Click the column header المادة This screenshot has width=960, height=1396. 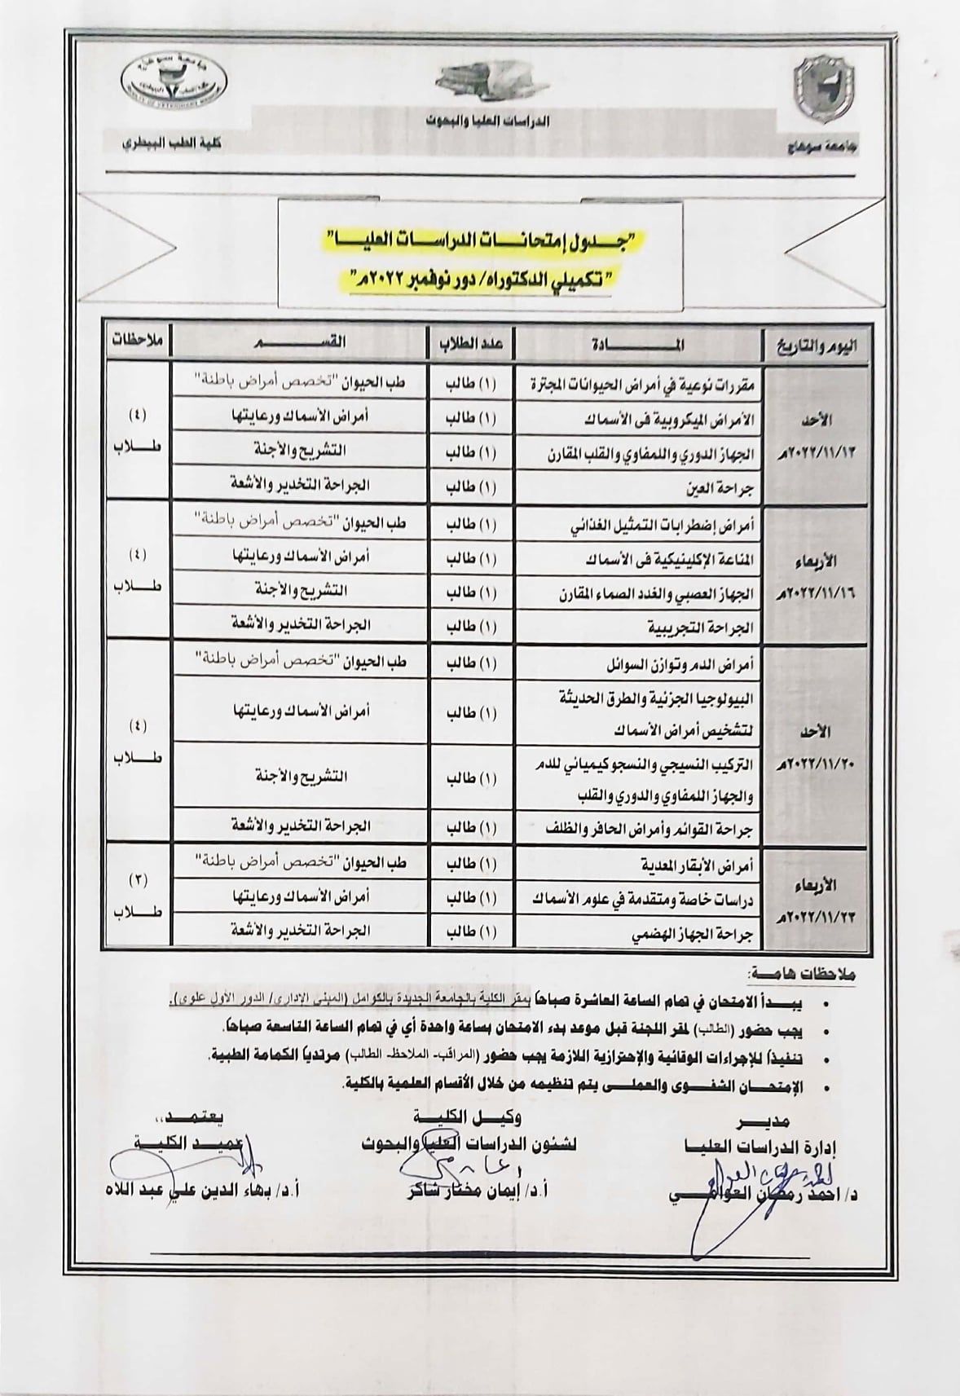click(636, 345)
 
